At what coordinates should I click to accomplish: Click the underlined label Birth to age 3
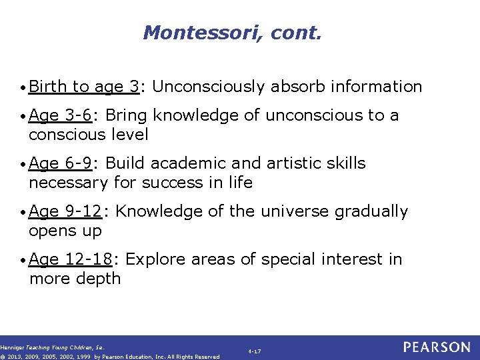(85, 87)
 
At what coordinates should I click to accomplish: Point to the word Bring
(127, 115)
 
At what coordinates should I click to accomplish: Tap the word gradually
(371, 212)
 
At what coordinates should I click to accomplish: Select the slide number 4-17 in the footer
(254, 351)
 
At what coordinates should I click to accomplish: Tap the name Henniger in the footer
(14, 347)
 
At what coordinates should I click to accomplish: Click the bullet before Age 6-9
(24, 164)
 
